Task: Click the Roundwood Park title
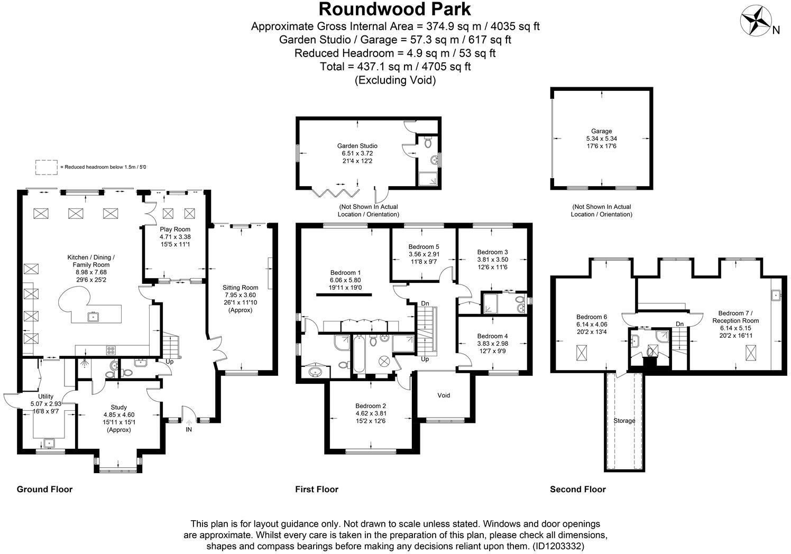pos(395,10)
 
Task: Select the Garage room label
pos(601,131)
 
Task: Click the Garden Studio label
pos(357,146)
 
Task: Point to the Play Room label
pos(175,229)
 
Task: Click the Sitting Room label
pos(240,288)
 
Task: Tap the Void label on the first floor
pos(444,395)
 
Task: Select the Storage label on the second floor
pos(624,421)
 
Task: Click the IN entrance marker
pos(189,429)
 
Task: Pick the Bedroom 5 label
pos(424,246)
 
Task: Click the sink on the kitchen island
pos(93,317)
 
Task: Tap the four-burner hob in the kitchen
pos(111,350)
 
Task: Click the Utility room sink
pos(49,443)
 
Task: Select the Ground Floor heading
pos(44,489)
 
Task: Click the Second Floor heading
pos(578,489)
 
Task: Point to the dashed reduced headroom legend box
pos(46,167)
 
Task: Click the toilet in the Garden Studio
pos(428,142)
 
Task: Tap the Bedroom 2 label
pos(371,405)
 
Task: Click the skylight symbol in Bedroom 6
pos(582,353)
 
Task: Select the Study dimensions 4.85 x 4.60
pos(118,414)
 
